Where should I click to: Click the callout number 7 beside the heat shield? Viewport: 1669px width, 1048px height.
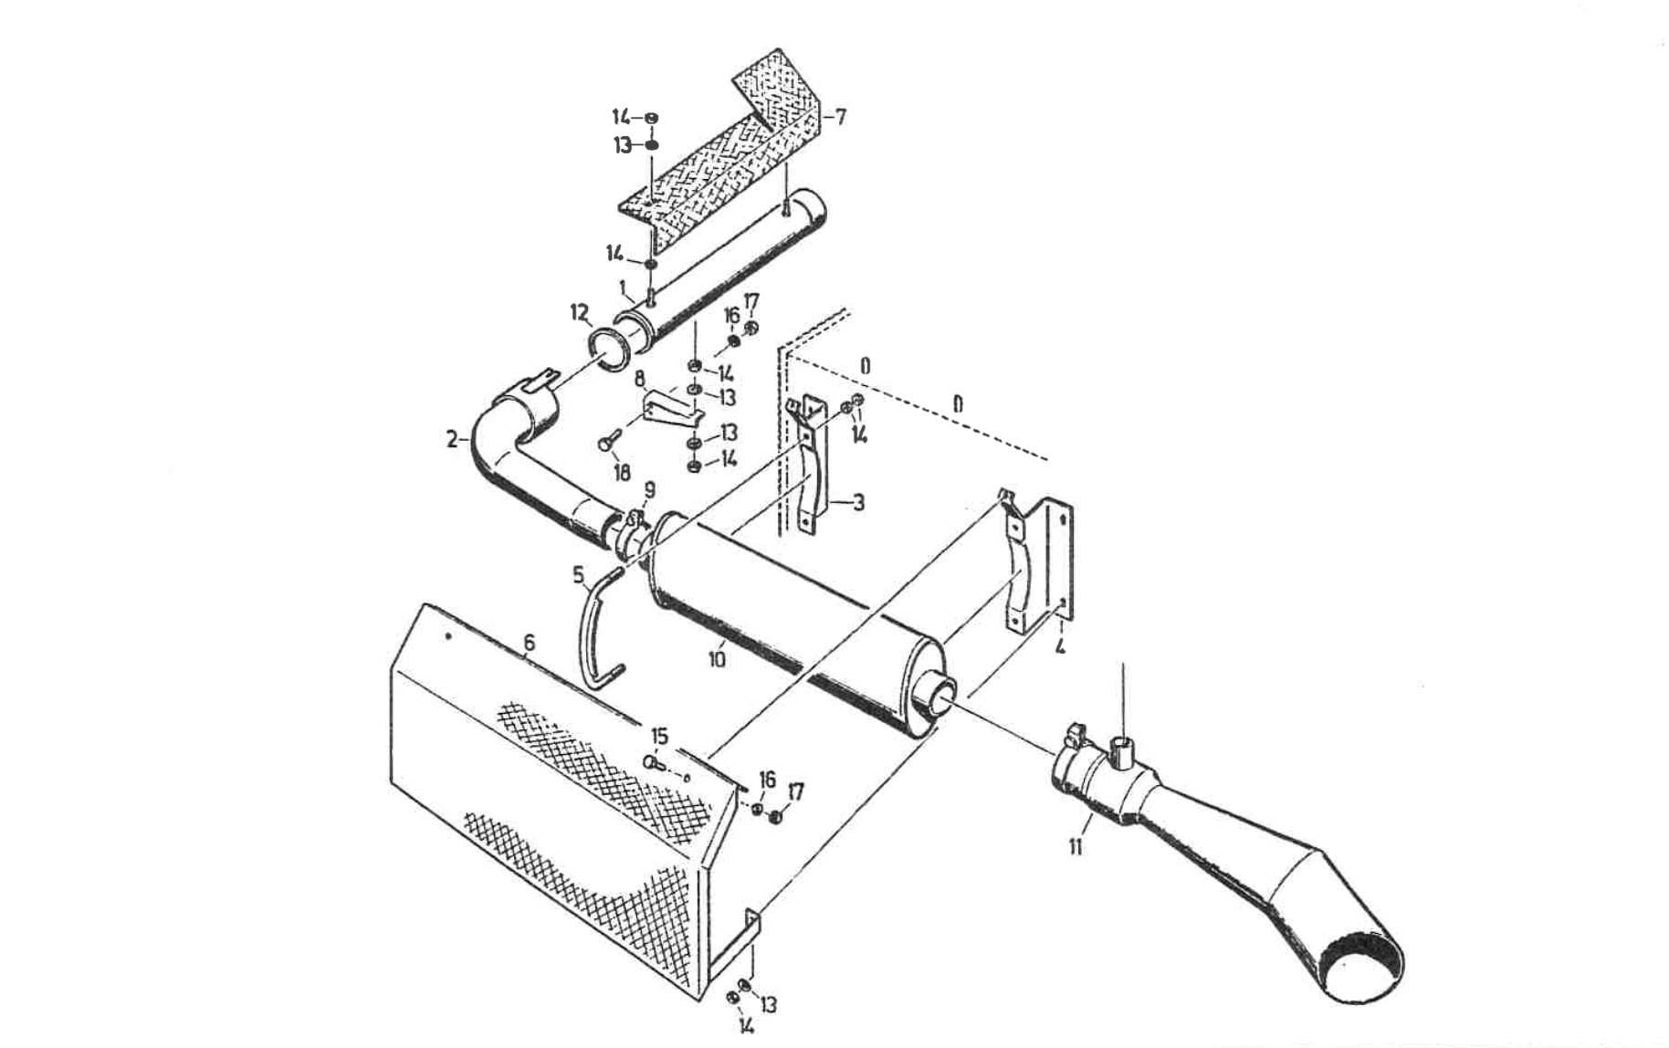coord(840,117)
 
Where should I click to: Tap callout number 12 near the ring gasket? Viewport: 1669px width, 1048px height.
coord(580,313)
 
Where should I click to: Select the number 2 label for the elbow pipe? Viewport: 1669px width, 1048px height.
coord(452,439)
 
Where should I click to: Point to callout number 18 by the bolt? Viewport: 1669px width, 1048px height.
coord(622,472)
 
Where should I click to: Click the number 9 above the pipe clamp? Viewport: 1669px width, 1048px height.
coord(649,491)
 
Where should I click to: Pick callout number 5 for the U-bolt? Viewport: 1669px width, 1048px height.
coord(578,575)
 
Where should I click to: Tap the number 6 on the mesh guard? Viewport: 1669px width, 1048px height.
coord(529,644)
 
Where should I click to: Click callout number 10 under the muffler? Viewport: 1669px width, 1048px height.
coord(717,656)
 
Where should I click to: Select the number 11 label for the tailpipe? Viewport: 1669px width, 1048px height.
coord(1076,846)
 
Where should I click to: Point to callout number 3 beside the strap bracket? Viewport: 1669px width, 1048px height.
coord(858,502)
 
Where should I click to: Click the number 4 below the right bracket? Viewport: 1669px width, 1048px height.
coord(1060,647)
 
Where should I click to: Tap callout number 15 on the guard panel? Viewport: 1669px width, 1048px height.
coord(659,736)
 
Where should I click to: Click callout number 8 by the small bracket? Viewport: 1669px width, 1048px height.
coord(640,378)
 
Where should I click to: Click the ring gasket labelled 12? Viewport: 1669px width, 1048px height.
coord(609,350)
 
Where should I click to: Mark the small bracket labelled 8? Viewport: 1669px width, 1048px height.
coord(671,407)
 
